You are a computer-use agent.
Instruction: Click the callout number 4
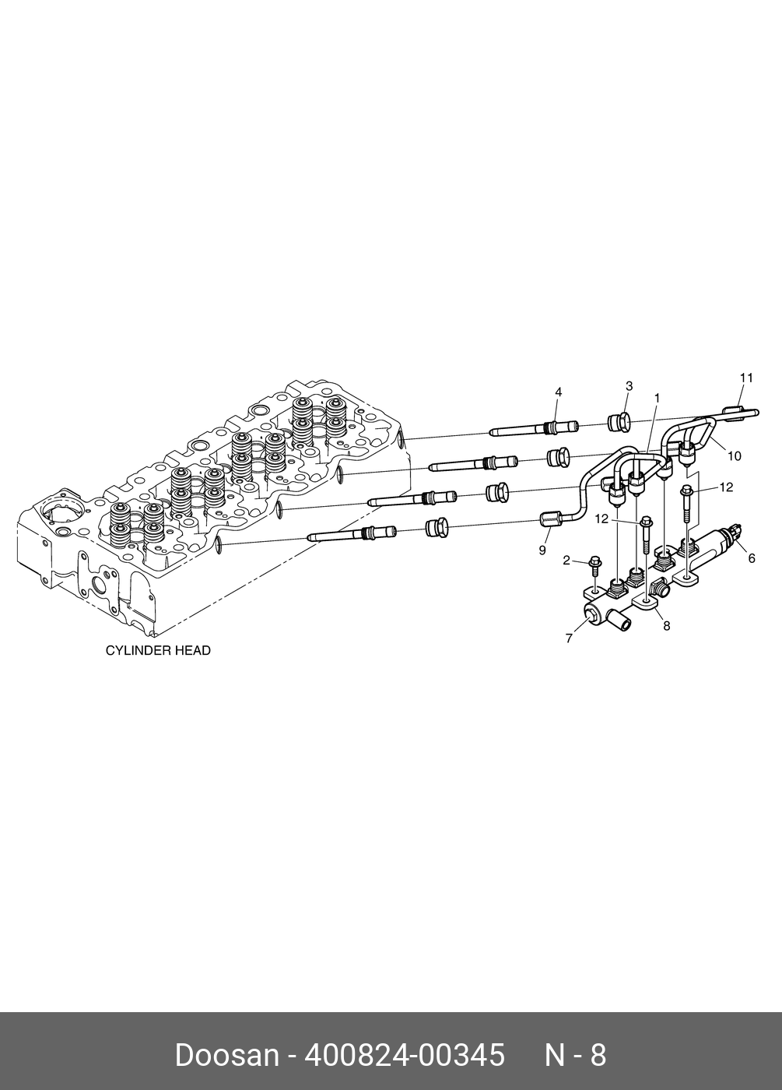click(x=558, y=392)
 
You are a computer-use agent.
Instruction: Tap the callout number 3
click(x=629, y=386)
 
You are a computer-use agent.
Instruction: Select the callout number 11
click(x=746, y=378)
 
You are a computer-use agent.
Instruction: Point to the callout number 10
click(x=735, y=455)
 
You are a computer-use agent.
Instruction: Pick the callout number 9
click(x=542, y=550)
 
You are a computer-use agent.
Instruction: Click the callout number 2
click(x=567, y=561)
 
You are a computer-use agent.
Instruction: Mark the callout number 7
click(x=569, y=638)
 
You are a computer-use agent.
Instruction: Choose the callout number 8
click(x=666, y=624)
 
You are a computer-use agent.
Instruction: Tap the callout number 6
click(x=752, y=558)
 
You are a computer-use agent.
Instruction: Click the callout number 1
click(x=657, y=398)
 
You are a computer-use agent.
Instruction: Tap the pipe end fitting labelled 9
click(x=550, y=519)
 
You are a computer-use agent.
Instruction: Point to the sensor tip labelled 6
click(x=735, y=533)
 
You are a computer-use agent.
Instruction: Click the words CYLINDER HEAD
click(x=158, y=650)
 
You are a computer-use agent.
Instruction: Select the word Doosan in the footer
click(x=226, y=1055)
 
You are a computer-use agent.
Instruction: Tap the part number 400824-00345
click(x=405, y=1055)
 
